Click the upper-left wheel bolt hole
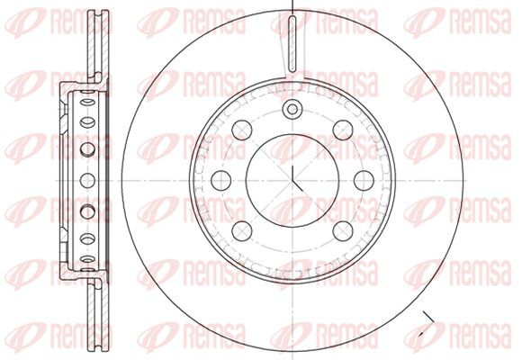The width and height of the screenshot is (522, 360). point(242,130)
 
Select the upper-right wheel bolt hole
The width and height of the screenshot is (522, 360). point(343,130)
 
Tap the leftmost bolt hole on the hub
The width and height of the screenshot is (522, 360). point(221,181)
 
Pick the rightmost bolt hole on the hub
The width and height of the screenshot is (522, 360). point(364,181)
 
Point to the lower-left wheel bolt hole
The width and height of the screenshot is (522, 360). point(242,230)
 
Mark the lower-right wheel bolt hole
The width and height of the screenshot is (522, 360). point(343,230)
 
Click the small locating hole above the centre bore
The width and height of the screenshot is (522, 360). point(292,109)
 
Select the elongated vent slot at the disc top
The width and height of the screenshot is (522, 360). point(292,43)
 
